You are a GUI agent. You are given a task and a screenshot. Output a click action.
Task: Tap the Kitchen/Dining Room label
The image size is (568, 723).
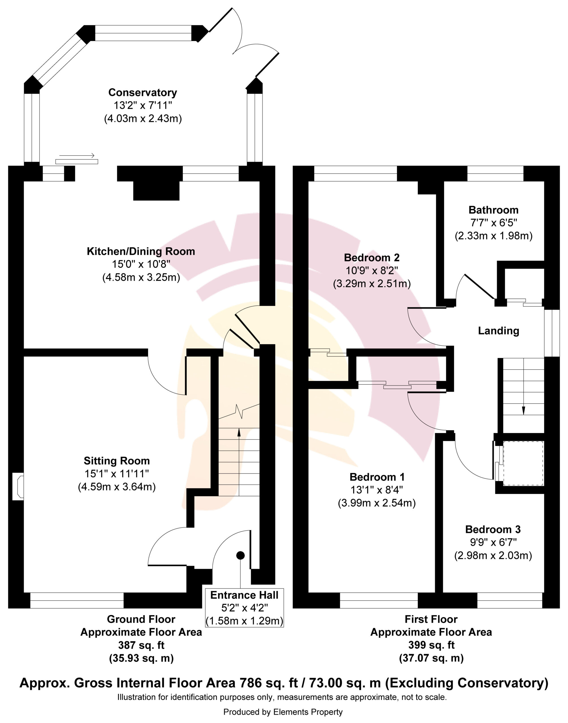coord(141,251)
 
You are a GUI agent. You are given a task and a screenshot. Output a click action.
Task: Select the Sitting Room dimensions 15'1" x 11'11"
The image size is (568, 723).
coord(116,474)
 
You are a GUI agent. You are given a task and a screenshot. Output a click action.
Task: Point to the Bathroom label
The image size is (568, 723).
coord(494,210)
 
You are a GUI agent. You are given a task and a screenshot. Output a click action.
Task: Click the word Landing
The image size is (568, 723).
coord(498,331)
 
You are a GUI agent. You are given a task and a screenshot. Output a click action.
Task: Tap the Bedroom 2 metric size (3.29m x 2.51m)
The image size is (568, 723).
coord(372,284)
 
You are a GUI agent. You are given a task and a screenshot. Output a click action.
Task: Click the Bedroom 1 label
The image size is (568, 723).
coord(377,477)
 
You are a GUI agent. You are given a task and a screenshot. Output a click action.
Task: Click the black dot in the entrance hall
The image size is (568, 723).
coord(240,555)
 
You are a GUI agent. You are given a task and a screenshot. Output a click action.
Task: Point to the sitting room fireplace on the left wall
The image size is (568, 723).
coord(18,487)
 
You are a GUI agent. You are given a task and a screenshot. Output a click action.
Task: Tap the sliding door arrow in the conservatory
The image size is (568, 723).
coord(77,155)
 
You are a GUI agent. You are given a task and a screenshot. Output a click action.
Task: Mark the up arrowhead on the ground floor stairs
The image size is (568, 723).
coord(239,432)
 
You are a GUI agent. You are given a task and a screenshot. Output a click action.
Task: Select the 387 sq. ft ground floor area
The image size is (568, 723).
coord(141,645)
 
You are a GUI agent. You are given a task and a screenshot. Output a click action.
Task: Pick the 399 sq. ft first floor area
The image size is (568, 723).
coord(431,645)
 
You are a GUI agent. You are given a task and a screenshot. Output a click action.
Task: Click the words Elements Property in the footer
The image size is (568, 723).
coord(308,712)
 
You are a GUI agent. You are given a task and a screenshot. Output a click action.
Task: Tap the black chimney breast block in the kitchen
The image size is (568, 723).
coord(156,191)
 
